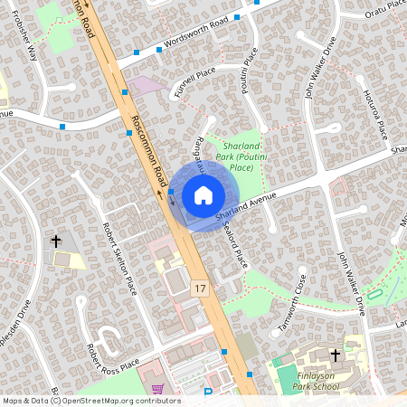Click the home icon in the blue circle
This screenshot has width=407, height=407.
(203, 194)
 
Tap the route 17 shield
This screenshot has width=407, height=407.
(201, 288)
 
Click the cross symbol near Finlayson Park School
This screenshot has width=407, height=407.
(336, 355)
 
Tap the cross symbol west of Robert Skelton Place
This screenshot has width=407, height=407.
(56, 241)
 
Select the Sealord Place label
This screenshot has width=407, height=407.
(238, 245)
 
